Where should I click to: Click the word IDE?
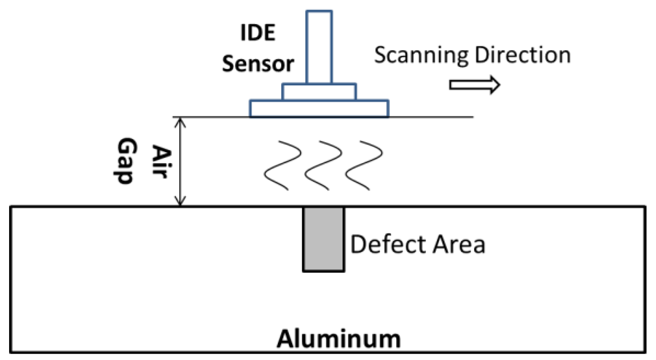[257, 33]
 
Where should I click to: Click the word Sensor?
[258, 64]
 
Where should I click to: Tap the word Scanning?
[421, 55]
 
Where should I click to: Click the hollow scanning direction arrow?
[474, 85]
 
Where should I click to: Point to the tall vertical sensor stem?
[319, 47]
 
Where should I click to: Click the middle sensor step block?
[319, 92]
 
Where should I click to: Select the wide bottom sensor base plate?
[319, 109]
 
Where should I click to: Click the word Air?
[161, 162]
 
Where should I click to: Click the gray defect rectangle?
[323, 239]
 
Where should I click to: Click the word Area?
[459, 244]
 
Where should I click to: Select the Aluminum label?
[339, 339]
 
